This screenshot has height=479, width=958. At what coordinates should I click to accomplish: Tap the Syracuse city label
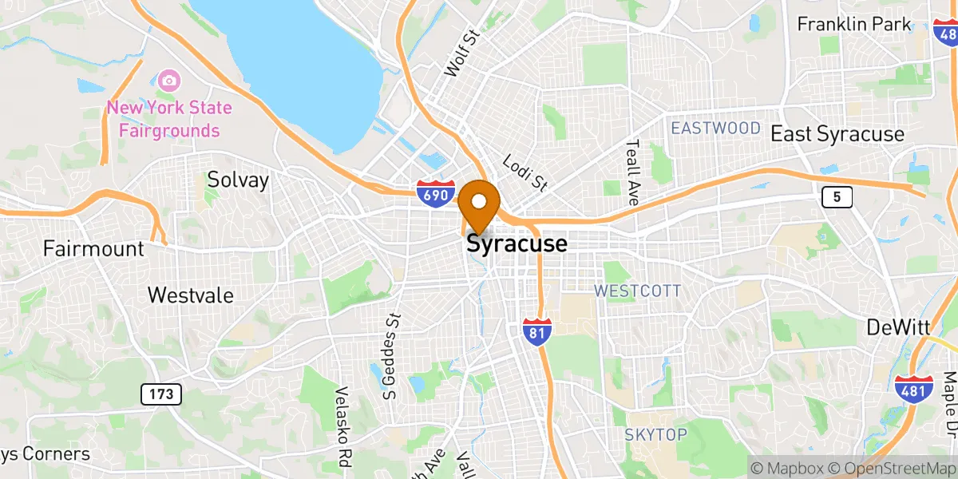point(517,243)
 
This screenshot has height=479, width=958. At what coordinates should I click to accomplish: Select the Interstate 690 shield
point(435,194)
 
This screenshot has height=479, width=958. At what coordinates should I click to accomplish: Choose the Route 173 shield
point(161,394)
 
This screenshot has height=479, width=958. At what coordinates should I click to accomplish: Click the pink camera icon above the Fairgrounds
point(168,80)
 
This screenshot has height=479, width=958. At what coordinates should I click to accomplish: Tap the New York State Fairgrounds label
point(169,119)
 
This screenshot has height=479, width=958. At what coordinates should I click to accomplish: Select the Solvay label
point(238,180)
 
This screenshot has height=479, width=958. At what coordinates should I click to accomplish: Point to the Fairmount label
point(93,248)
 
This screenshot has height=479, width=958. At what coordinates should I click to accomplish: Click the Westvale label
point(191,295)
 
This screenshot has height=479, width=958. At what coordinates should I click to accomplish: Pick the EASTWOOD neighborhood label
point(715,129)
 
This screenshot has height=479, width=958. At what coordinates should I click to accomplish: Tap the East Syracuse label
point(837,134)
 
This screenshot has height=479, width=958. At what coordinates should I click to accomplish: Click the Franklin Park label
point(854,24)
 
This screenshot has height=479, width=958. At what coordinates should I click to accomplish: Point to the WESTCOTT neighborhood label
point(637,291)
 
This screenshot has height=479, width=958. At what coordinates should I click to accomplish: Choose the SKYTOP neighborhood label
point(655,434)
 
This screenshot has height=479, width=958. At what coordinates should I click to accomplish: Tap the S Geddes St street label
point(390,355)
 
